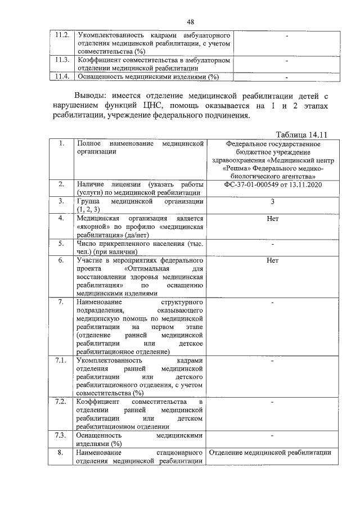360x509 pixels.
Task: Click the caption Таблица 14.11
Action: pyautogui.click(x=302, y=134)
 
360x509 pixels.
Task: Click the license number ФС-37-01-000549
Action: pyautogui.click(x=256, y=185)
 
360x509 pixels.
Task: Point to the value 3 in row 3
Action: pyautogui.click(x=272, y=201)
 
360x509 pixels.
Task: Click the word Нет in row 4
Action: pyautogui.click(x=272, y=218)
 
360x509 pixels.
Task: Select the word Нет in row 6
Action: pyautogui.click(x=272, y=260)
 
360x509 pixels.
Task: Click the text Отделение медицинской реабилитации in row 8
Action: pyautogui.click(x=269, y=452)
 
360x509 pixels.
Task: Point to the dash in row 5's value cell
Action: pyautogui.click(x=272, y=244)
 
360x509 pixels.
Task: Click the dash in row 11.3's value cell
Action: pyautogui.click(x=286, y=60)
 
